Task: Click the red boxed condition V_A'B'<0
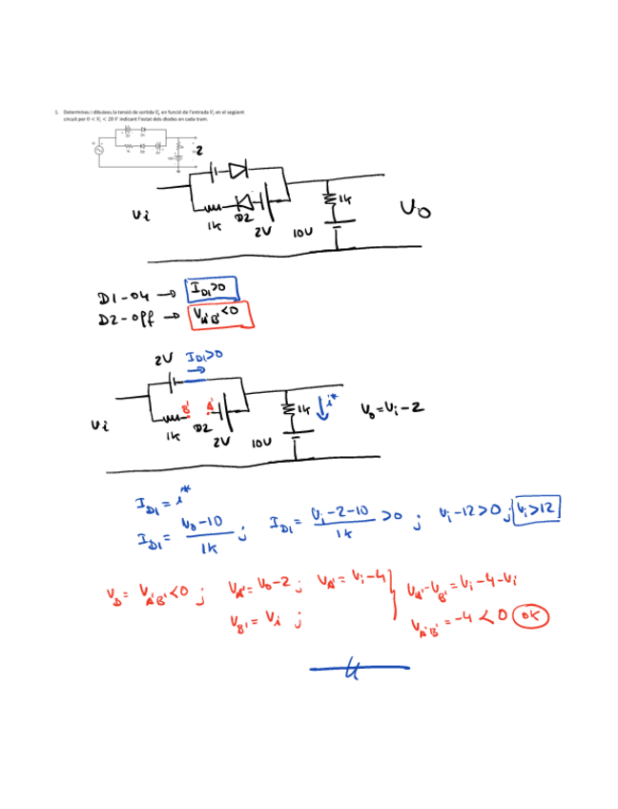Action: point(218,315)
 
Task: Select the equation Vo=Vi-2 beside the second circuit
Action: point(392,409)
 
